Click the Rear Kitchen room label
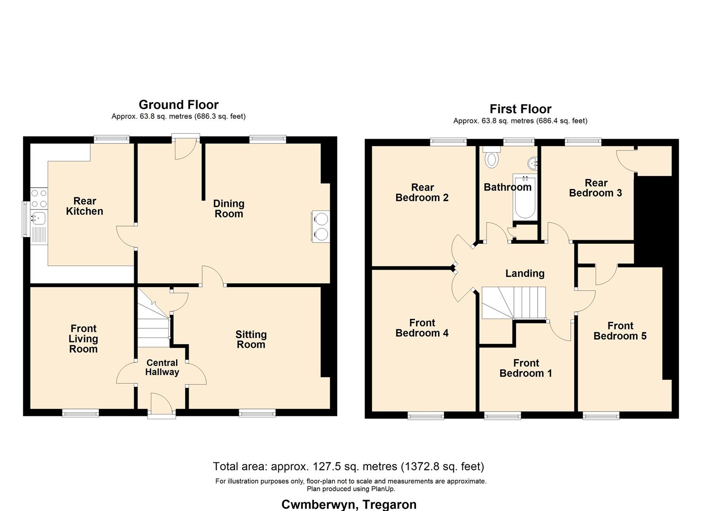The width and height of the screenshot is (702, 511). click(x=85, y=206)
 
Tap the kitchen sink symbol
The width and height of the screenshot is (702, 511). click(x=38, y=218)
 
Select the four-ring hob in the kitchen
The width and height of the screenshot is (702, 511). click(x=39, y=198)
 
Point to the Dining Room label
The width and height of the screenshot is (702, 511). click(x=229, y=209)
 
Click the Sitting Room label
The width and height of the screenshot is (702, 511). click(x=251, y=340)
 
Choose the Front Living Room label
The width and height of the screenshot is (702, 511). click(x=83, y=339)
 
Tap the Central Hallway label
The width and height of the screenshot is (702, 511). click(x=162, y=368)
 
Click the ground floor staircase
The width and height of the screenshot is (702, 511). click(x=154, y=326)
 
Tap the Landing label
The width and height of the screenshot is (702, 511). click(x=525, y=273)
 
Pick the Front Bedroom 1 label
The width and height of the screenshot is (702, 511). click(x=526, y=368)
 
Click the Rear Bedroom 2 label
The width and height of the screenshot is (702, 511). click(x=422, y=193)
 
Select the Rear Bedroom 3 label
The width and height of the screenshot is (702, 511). click(x=596, y=188)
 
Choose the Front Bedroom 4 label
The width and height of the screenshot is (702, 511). click(x=422, y=328)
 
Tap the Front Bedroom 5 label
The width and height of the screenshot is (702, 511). click(x=620, y=331)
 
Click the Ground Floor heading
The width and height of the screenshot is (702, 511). click(x=179, y=105)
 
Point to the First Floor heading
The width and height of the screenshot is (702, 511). click(x=520, y=109)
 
